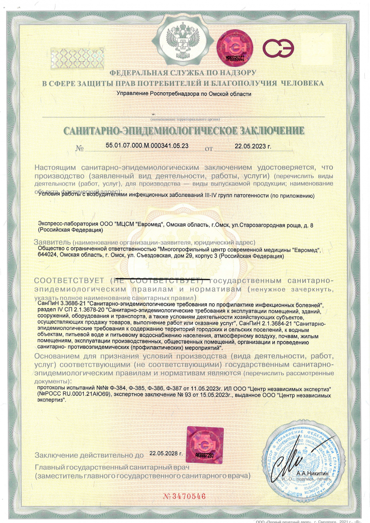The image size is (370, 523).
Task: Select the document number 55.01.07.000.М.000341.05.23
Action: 147,146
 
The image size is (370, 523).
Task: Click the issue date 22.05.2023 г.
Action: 253,146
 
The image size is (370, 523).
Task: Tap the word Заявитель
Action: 52,242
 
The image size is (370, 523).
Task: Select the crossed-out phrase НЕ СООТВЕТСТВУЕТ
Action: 159,279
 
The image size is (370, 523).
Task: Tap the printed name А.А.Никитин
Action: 309,473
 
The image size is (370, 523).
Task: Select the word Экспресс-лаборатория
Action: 62,224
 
